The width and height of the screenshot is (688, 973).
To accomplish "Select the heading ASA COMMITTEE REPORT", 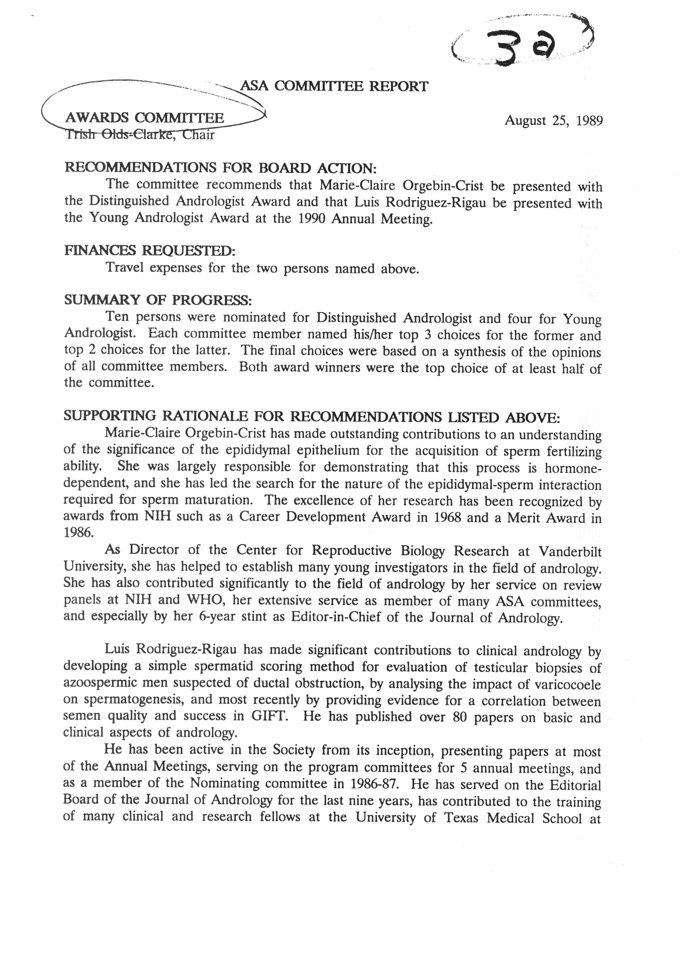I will [x=335, y=87].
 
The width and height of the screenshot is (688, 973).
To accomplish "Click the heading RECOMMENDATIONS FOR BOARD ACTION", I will [x=220, y=168].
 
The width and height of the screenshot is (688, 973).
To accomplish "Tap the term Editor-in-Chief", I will [x=336, y=617].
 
